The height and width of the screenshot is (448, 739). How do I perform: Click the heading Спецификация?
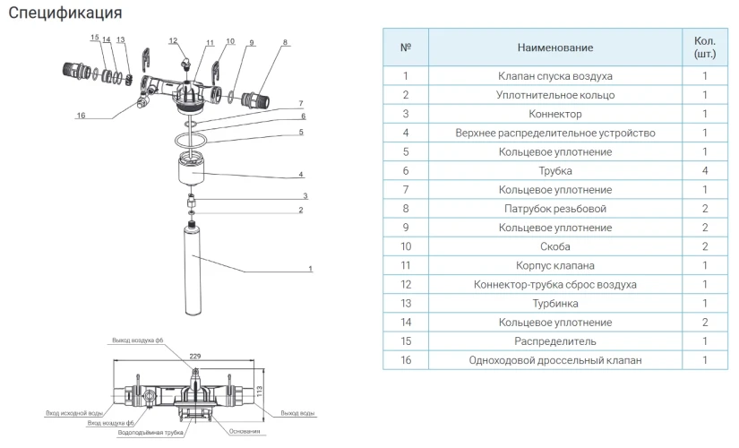(x=64, y=13)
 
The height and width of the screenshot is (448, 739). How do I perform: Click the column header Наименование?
(x=554, y=47)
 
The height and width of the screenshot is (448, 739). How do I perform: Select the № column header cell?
(x=405, y=47)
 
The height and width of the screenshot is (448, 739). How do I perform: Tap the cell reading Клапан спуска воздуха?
(x=554, y=76)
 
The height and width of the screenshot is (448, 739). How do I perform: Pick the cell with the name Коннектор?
(x=554, y=114)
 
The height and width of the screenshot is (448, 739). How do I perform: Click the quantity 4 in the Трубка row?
(x=704, y=170)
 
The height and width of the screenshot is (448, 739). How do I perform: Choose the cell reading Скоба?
(x=554, y=246)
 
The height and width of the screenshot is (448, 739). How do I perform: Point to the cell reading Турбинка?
(x=554, y=304)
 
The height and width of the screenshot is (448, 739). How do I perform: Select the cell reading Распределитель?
(x=554, y=341)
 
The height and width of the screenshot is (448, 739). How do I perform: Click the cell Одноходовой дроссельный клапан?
(x=554, y=360)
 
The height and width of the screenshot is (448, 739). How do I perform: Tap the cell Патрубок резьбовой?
(x=554, y=209)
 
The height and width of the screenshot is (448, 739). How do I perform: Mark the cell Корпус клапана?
(x=554, y=265)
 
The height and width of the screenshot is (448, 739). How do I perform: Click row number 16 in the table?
(x=405, y=360)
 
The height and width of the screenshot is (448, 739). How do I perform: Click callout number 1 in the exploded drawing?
(x=310, y=268)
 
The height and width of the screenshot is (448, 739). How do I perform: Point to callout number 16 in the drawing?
(x=81, y=116)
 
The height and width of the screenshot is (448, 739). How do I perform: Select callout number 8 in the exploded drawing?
(x=285, y=42)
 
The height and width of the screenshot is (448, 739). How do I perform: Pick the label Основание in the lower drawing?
(x=245, y=432)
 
